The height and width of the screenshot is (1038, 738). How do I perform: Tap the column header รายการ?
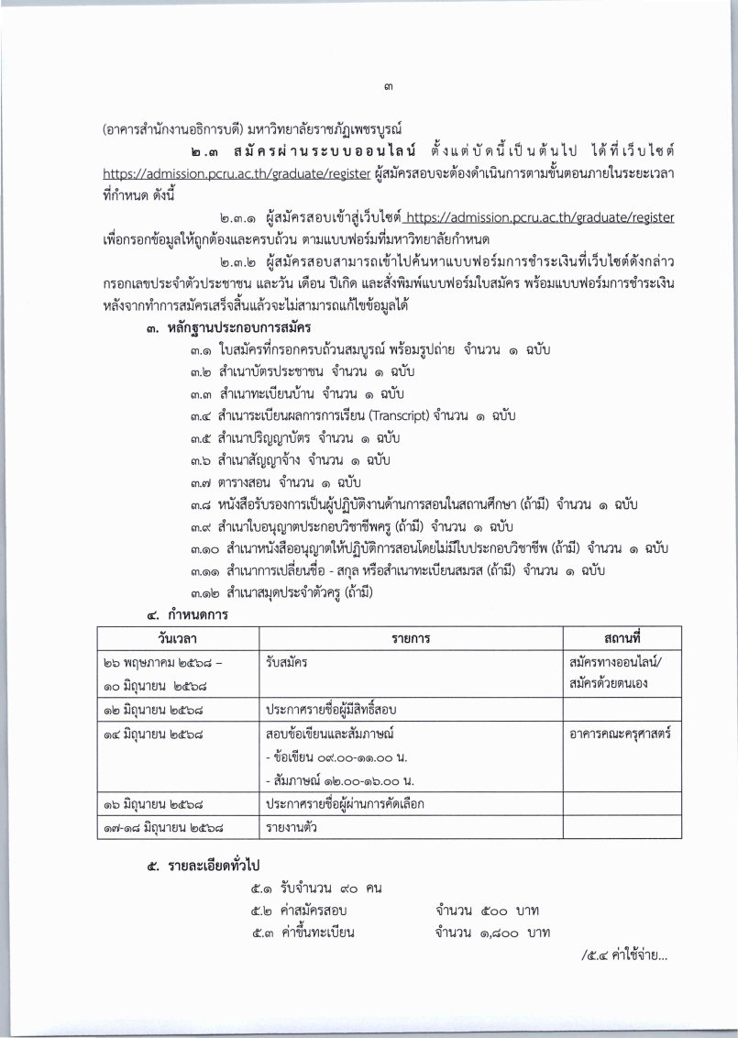410,636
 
